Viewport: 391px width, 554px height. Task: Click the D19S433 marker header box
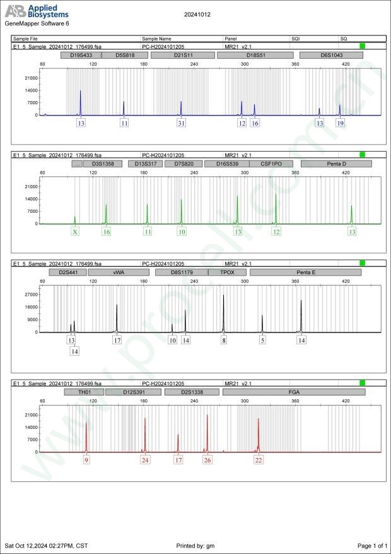point(81,55)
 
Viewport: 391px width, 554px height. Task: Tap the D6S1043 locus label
point(331,55)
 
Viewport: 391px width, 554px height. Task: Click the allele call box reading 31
point(182,124)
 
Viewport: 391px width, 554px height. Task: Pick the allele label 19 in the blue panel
point(341,124)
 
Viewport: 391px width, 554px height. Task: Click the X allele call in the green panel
point(75,232)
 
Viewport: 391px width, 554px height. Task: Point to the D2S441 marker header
point(67,272)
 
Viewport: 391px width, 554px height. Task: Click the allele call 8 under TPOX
point(224,340)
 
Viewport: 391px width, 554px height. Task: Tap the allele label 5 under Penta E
point(263,340)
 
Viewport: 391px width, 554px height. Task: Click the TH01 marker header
point(84,392)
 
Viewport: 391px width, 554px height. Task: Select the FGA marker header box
point(294,392)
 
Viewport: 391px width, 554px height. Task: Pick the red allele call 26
point(207,461)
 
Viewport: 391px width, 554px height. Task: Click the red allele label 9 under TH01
point(86,461)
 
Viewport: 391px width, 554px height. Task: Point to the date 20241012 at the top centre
point(197,13)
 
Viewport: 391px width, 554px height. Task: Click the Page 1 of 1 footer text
point(371,545)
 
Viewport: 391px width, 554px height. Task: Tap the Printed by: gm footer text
point(196,545)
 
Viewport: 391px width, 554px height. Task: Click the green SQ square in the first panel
point(362,46)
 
